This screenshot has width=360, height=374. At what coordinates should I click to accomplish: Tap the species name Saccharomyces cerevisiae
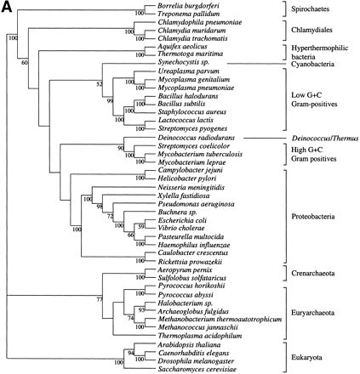pyautogui.click(x=196, y=369)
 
